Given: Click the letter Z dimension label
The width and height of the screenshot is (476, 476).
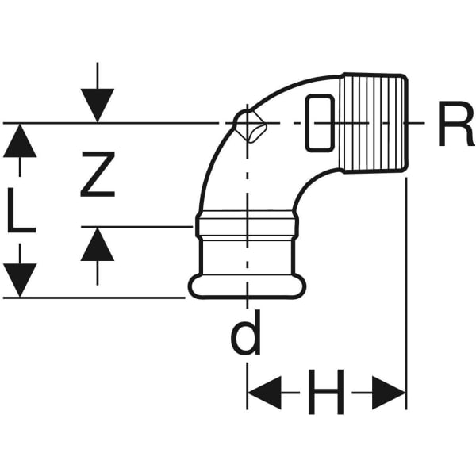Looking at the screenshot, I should click(x=98, y=175).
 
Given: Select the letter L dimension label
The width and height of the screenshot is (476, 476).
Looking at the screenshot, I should click(x=21, y=210).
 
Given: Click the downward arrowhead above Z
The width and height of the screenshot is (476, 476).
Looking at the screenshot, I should click(x=97, y=106).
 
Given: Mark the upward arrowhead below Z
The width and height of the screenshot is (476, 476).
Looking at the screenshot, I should click(x=97, y=244).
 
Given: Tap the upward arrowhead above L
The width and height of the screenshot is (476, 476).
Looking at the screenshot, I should click(x=21, y=141).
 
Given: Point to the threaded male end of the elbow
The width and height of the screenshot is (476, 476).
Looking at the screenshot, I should click(x=374, y=123).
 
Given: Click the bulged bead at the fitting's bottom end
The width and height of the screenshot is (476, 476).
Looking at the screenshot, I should click(x=247, y=286).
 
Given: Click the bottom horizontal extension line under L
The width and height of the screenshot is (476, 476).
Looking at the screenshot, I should click(x=95, y=297).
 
